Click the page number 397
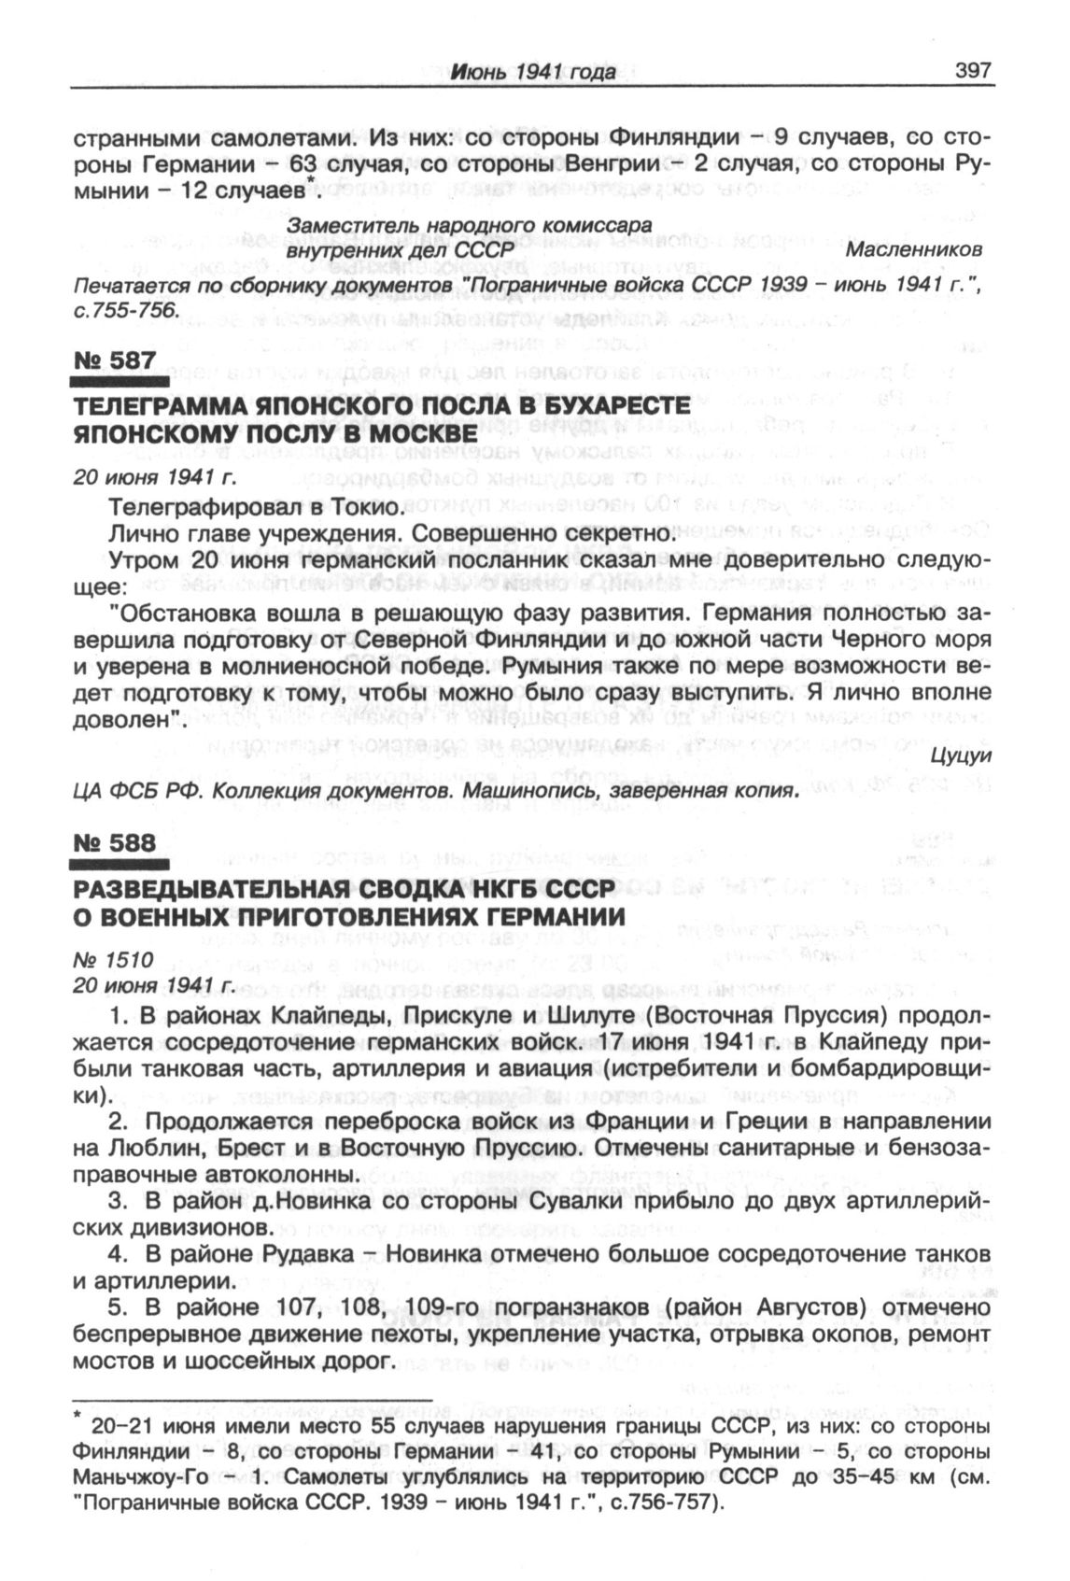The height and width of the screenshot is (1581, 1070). coord(971,70)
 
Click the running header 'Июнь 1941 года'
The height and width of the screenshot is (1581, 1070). coord(533,72)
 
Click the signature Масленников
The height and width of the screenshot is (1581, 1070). coord(913,251)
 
